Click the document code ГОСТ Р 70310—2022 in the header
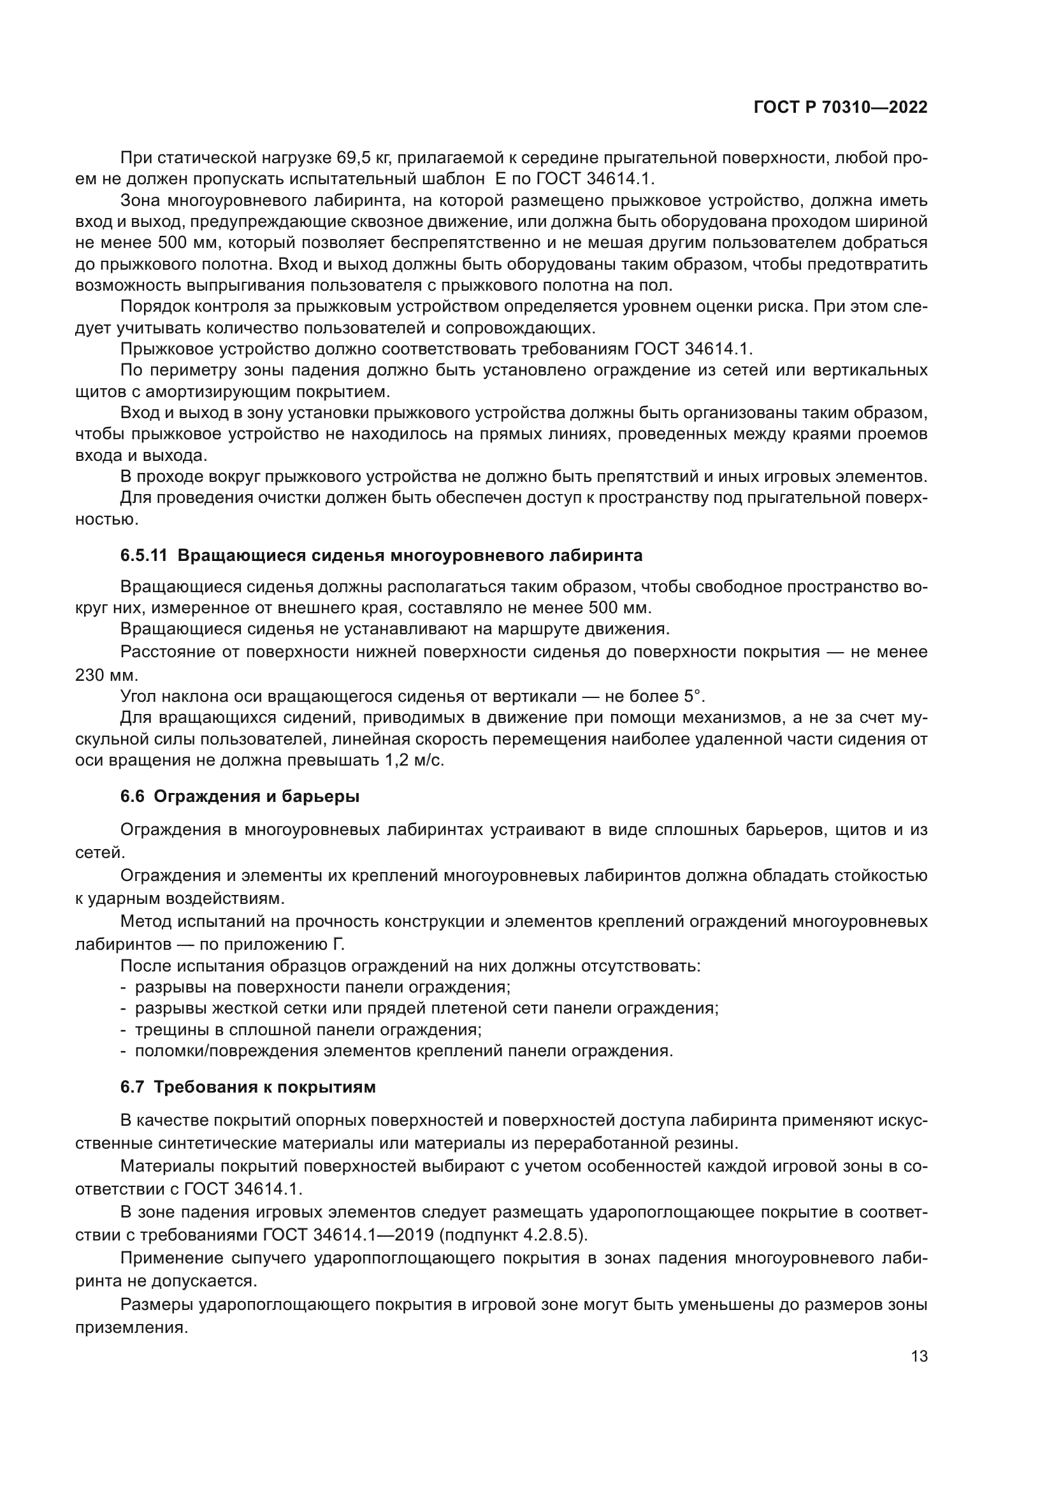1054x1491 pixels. tap(841, 108)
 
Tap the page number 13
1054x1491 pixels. tap(919, 1356)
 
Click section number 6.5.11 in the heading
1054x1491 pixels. tap(143, 555)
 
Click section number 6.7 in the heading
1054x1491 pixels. tap(132, 1086)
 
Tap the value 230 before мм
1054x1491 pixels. tap(90, 674)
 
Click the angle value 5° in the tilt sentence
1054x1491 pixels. tap(693, 696)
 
